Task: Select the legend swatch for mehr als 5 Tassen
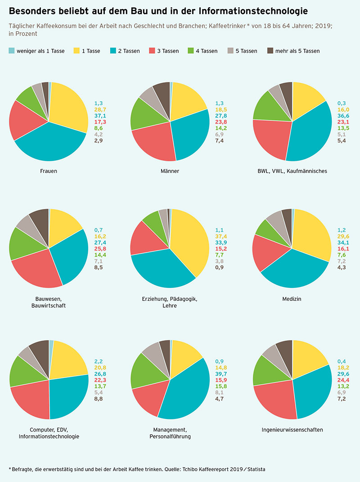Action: click(x=270, y=51)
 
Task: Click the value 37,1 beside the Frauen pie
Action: click(x=99, y=116)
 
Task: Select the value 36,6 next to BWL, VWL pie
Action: click(x=343, y=116)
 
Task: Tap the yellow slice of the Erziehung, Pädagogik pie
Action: click(x=189, y=239)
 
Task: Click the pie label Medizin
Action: click(x=292, y=299)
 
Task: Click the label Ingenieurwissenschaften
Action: click(x=292, y=430)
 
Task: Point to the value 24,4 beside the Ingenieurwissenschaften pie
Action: click(x=343, y=380)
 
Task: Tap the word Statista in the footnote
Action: click(x=252, y=469)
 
